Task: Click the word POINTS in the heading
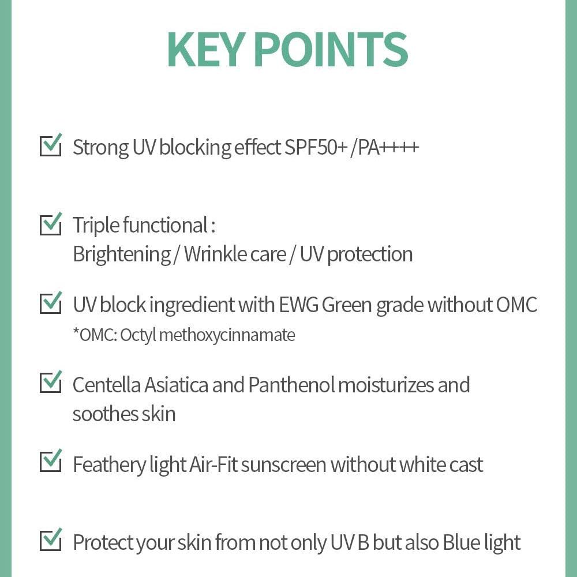point(331,50)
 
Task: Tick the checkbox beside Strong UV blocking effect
point(51,146)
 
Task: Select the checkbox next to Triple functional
point(51,224)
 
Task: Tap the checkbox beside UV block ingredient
point(51,304)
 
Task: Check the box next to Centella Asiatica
point(51,383)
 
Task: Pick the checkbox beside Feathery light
point(51,462)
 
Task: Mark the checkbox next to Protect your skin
point(51,541)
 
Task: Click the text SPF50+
point(316,147)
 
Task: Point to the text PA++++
point(388,147)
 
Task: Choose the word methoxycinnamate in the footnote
point(227,335)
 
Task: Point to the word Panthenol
point(291,385)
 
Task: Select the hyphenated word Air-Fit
point(212,464)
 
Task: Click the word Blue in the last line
point(461,542)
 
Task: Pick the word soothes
point(105,414)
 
